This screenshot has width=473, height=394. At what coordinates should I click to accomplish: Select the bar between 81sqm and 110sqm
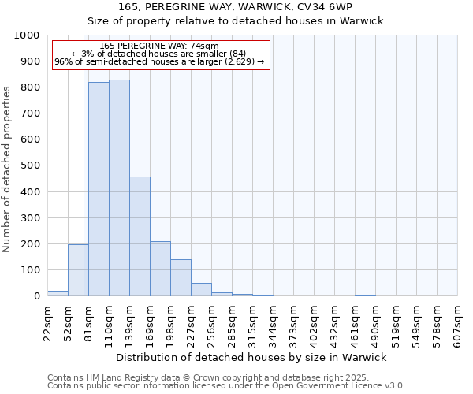[x=99, y=189]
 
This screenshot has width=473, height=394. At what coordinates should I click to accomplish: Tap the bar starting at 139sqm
[x=140, y=236]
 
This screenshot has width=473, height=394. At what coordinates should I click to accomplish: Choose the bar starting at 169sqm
[x=160, y=269]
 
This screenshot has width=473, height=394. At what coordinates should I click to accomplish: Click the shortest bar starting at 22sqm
[x=58, y=293]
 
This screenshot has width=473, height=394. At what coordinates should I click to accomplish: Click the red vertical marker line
[x=84, y=197]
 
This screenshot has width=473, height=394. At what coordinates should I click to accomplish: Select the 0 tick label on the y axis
[x=36, y=296]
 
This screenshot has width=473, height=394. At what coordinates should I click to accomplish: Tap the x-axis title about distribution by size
[x=251, y=357]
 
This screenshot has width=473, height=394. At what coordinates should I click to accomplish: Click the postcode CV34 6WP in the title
[x=326, y=7]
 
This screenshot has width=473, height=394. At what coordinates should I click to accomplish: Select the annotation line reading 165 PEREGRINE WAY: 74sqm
[x=159, y=46]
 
